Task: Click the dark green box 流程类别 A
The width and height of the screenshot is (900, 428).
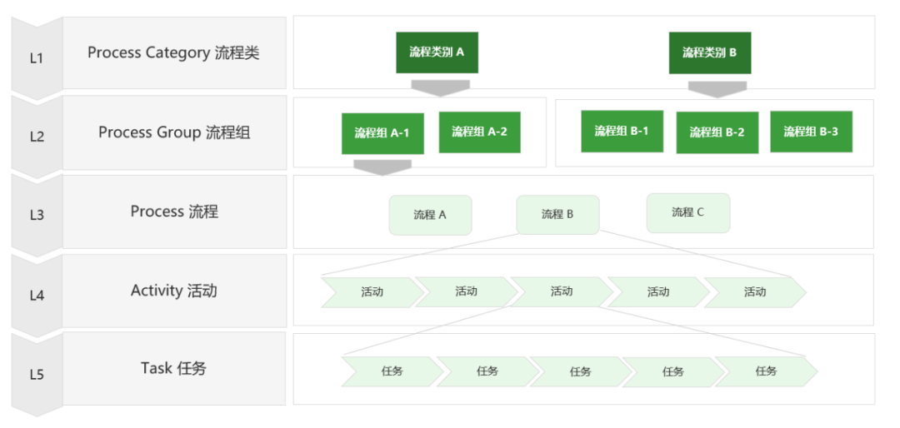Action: click(x=437, y=52)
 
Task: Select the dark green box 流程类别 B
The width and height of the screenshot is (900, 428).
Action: click(x=709, y=52)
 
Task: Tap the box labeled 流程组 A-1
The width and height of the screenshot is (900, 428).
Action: click(x=382, y=134)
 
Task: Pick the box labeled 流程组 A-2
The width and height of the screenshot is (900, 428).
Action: click(x=479, y=132)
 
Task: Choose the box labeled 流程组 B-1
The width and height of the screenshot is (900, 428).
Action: click(x=622, y=132)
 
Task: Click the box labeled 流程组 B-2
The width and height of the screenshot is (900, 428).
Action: click(x=717, y=132)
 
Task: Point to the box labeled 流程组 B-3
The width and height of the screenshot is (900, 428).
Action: click(x=811, y=132)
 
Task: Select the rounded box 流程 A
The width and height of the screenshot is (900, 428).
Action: click(x=431, y=215)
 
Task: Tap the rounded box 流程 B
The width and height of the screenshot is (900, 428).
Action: click(x=557, y=215)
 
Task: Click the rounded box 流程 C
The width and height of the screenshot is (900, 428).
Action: click(x=688, y=213)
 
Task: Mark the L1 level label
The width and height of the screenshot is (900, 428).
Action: click(x=37, y=58)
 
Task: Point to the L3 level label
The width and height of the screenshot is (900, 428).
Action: click(x=37, y=215)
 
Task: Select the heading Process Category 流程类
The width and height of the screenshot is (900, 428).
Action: click(x=173, y=52)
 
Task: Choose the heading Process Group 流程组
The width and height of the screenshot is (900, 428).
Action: click(x=174, y=132)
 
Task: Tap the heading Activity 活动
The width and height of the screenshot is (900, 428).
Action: click(x=174, y=291)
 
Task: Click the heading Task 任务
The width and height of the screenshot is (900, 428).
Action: click(x=173, y=368)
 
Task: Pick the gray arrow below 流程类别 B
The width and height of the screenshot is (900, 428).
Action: click(x=717, y=89)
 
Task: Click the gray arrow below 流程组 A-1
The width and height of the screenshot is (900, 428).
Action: click(x=382, y=167)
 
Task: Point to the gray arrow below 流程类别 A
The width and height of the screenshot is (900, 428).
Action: click(x=440, y=87)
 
